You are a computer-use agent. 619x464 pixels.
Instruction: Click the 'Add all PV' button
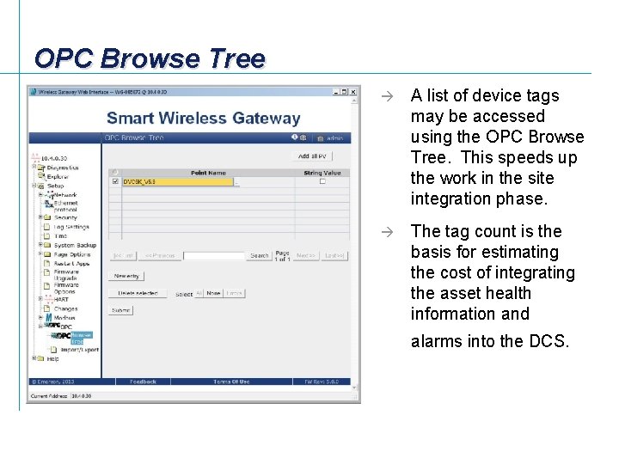tap(313, 156)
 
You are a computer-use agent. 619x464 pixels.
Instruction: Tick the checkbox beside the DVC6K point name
tap(116, 181)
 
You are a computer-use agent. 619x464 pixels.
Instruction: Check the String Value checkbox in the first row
tap(322, 181)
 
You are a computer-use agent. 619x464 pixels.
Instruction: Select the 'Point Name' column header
tap(208, 173)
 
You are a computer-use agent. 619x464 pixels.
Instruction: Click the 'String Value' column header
tap(322, 173)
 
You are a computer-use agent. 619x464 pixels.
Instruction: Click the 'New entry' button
tap(126, 276)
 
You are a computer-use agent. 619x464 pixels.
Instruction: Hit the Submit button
tap(121, 310)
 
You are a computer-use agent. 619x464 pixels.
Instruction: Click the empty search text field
tap(214, 255)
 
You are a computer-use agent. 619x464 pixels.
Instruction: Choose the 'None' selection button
tap(213, 293)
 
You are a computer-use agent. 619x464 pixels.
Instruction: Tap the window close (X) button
tap(352, 92)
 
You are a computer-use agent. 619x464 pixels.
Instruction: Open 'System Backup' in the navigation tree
tap(75, 245)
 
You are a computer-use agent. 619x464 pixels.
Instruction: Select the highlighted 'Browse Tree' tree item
tap(81, 338)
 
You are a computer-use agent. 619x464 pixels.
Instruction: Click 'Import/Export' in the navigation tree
tap(79, 350)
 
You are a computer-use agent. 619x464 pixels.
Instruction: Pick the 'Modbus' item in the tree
tap(64, 318)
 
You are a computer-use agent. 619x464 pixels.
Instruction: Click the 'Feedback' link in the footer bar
tap(143, 382)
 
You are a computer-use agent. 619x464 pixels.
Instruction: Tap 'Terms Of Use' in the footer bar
tap(231, 382)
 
